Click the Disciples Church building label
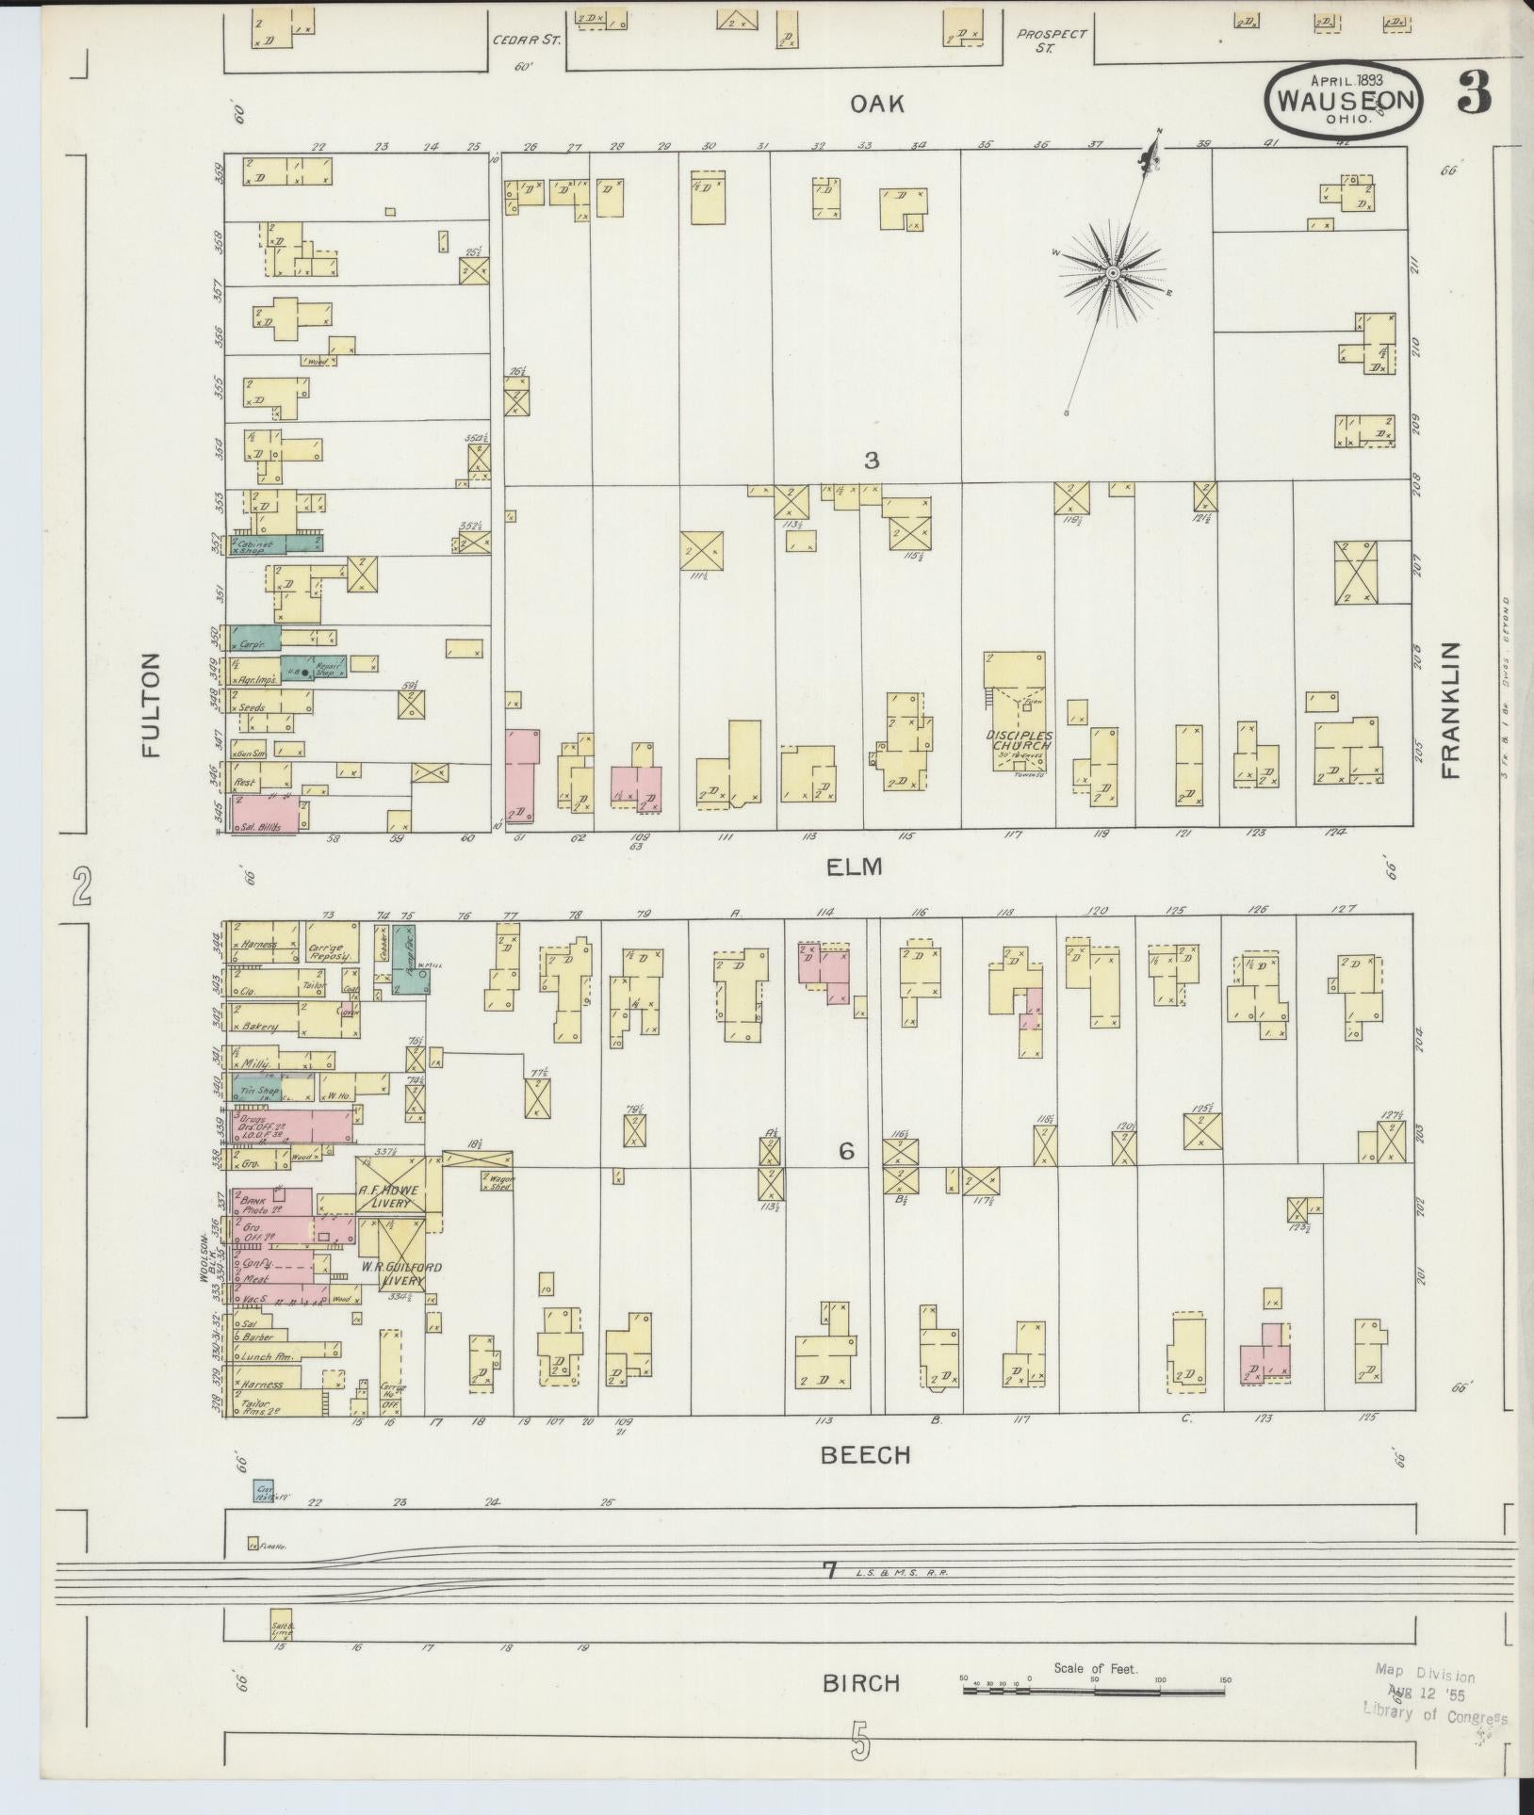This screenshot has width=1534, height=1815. tap(1018, 740)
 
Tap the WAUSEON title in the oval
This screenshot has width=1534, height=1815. tap(1346, 101)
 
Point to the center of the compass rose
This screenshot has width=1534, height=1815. tap(1112, 273)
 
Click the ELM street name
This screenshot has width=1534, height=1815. tap(854, 867)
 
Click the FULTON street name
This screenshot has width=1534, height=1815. tap(152, 705)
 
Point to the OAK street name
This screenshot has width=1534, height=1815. tap(877, 104)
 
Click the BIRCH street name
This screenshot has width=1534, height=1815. tap(861, 1684)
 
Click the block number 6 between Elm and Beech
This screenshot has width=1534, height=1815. tap(846, 1151)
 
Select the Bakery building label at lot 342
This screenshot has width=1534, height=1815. tap(258, 1027)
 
